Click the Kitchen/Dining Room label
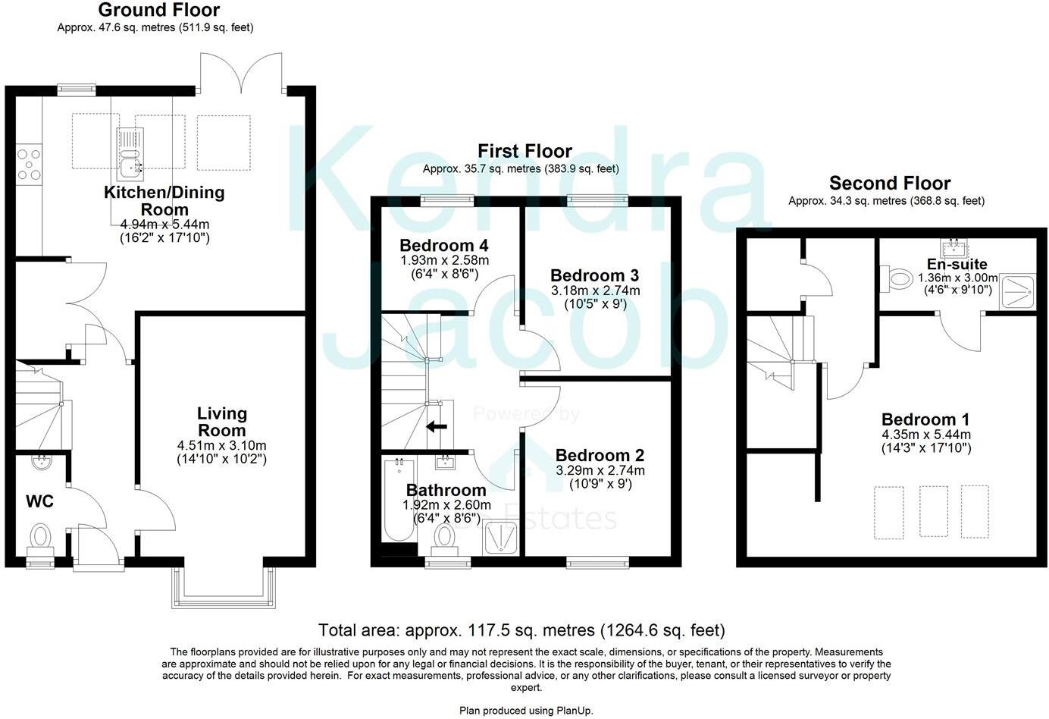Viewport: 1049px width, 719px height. pos(164,201)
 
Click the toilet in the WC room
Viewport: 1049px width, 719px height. pos(39,537)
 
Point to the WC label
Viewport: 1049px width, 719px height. pos(39,501)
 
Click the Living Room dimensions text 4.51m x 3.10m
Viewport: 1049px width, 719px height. pos(222,445)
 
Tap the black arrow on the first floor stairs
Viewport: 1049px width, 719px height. pos(437,426)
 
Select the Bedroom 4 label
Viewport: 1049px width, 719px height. pos(443,246)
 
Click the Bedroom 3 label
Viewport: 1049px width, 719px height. pos(594,275)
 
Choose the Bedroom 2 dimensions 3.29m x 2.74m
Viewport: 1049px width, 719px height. pos(600,471)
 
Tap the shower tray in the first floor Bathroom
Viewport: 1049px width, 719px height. pos(501,538)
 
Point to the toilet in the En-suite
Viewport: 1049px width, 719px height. pos(899,279)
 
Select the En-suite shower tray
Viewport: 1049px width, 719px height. pos(1018,292)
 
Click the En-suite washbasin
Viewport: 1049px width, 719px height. pos(953,247)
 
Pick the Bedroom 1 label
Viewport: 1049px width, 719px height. pos(925,419)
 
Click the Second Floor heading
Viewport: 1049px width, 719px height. pos(889,183)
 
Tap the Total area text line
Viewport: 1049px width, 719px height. pos(521,630)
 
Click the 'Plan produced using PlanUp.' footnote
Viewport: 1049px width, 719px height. pos(526,711)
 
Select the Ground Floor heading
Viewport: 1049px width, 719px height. pos(158,10)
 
